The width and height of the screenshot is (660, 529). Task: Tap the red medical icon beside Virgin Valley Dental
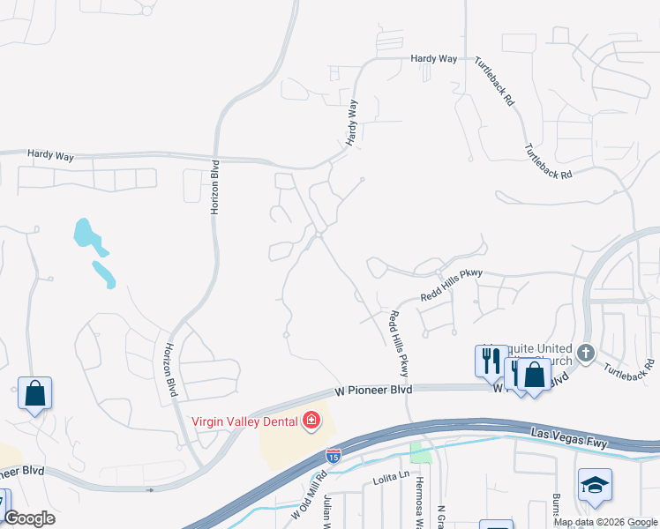pyautogui.click(x=311, y=421)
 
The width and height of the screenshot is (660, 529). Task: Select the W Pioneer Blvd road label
pyautogui.click(x=374, y=389)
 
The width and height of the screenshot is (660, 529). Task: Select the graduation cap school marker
pyautogui.click(x=595, y=485)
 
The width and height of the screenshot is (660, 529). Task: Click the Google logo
pyautogui.click(x=29, y=518)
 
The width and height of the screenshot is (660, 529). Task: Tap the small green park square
pyautogui.click(x=421, y=453)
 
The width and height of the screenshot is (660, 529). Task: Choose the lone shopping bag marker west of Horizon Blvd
pyautogui.click(x=34, y=393)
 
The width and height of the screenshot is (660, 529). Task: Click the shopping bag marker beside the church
pyautogui.click(x=534, y=375)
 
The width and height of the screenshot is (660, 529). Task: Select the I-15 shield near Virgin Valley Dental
pyautogui.click(x=333, y=456)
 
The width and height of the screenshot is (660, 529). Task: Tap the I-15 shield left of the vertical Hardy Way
pyautogui.click(x=334, y=74)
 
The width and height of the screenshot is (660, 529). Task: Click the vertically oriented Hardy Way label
pyautogui.click(x=352, y=122)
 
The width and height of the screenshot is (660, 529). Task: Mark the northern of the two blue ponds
pyautogui.click(x=86, y=234)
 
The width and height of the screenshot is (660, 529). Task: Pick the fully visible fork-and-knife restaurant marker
pyautogui.click(x=491, y=361)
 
